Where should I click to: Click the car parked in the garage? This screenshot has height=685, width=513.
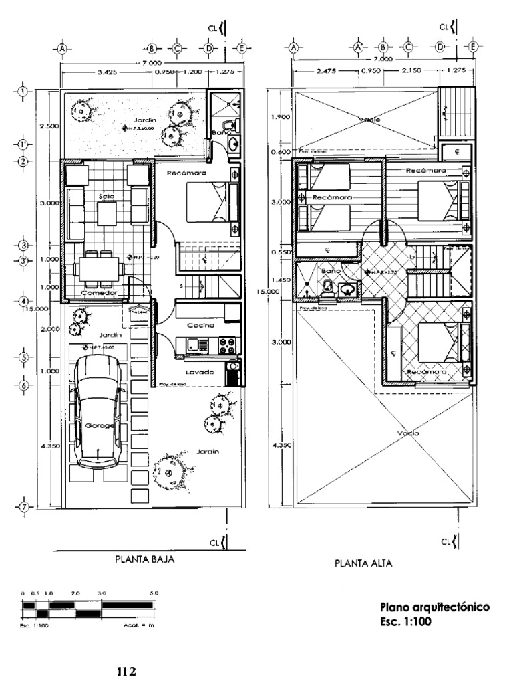[99, 411]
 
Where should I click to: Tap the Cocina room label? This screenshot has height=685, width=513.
[200, 325]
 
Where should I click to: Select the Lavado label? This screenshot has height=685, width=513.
[200, 372]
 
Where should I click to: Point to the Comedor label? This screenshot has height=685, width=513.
[100, 293]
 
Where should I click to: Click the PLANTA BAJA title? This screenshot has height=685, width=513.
[145, 561]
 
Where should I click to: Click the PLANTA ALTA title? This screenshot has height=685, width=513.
[363, 563]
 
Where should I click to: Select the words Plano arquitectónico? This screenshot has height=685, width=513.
[435, 607]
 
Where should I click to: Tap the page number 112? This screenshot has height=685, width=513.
[126, 671]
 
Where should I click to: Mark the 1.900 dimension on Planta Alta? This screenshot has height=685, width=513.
[280, 117]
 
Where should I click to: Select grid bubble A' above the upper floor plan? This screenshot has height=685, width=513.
[359, 47]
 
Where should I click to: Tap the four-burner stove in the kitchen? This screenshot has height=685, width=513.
[226, 345]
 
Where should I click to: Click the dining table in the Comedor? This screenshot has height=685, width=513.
[100, 269]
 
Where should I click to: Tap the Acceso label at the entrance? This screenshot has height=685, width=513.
[139, 311]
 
